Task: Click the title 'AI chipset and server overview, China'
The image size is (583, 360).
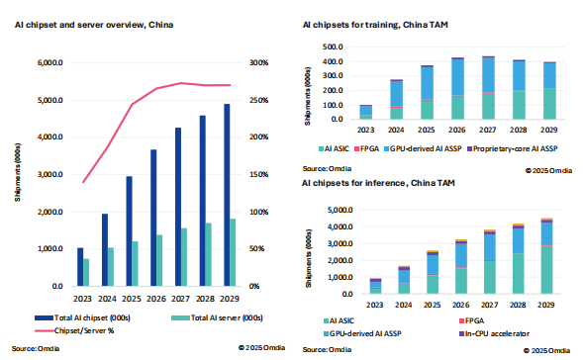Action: tap(84, 25)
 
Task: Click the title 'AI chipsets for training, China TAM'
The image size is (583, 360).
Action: tap(375, 25)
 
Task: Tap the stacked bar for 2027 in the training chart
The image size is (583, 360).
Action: tap(487, 88)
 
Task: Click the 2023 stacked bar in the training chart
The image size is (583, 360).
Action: tap(366, 112)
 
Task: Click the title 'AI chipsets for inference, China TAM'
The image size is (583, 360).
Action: tap(377, 184)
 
